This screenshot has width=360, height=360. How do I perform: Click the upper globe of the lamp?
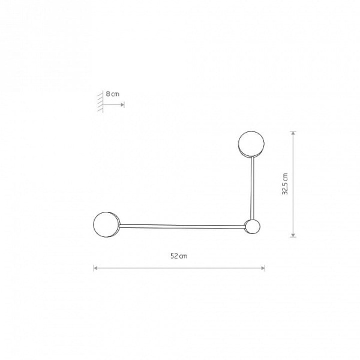pyautogui.click(x=251, y=144)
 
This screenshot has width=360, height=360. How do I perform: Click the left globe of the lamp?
pyautogui.click(x=107, y=224)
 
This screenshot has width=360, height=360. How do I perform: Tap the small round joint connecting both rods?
pyautogui.click(x=253, y=226)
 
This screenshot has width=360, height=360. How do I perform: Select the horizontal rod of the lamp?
pyautogui.click(x=182, y=226)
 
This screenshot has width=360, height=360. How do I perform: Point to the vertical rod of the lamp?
pyautogui.click(x=253, y=188)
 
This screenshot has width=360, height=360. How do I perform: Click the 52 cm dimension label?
pyautogui.click(x=179, y=256)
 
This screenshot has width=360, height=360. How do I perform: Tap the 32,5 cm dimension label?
pyautogui.click(x=284, y=184)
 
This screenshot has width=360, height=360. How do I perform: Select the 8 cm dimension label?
pyautogui.click(x=113, y=94)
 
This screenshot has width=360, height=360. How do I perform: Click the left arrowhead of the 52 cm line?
pyautogui.click(x=95, y=268)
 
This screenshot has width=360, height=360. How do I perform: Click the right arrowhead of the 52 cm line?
pyautogui.click(x=263, y=268)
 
